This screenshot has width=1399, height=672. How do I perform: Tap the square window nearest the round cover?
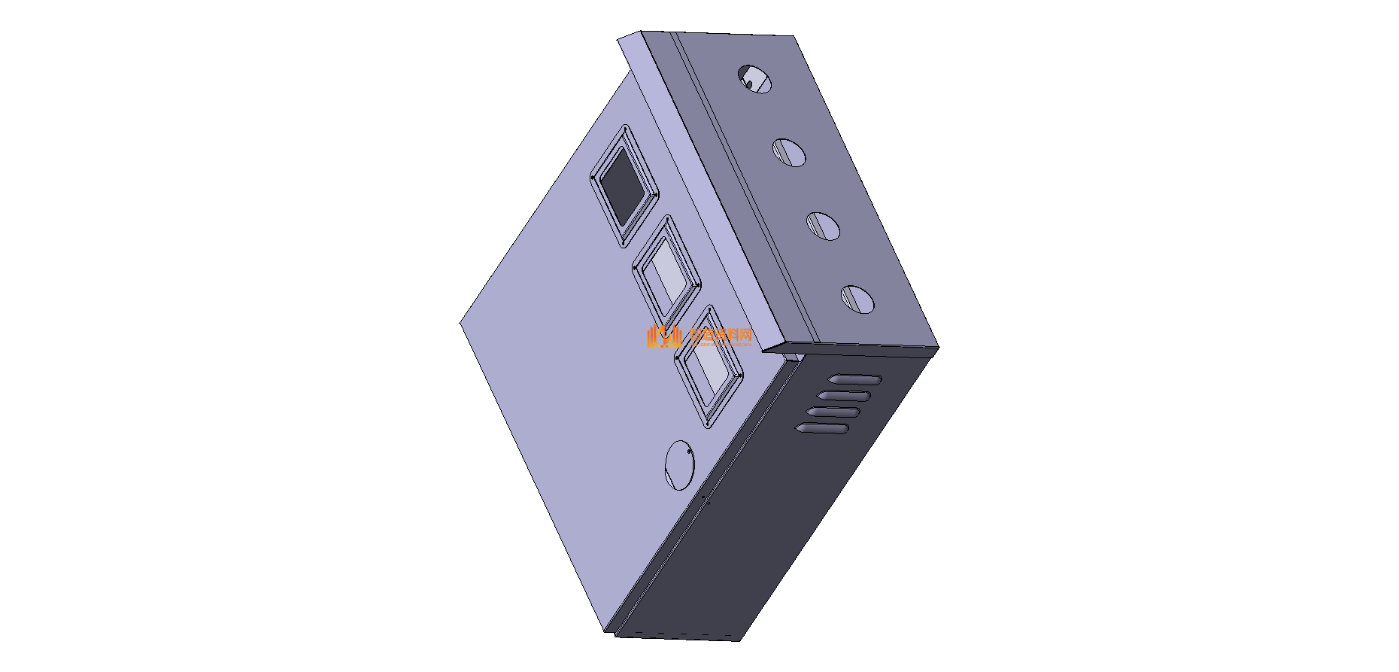709,366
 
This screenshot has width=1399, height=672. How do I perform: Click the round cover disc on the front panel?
679,465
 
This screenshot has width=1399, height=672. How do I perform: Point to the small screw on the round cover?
690,451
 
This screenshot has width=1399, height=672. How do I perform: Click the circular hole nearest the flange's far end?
754,78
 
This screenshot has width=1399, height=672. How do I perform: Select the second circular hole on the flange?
788,152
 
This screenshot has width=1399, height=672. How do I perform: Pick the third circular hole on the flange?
823,226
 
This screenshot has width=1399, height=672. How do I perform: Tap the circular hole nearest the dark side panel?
857,299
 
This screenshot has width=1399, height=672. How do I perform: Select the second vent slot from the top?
845,396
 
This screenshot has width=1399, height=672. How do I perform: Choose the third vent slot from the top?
833,412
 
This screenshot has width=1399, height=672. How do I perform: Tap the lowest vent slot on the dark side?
823,429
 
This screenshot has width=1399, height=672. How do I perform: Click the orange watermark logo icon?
663,336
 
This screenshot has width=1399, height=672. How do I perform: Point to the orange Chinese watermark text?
721,336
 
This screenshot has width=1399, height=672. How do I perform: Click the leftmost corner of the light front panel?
460,324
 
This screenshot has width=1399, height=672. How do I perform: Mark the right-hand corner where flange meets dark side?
938,347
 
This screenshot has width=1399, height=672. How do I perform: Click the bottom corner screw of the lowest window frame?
708,426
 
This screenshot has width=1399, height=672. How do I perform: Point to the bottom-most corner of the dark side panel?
740,640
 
